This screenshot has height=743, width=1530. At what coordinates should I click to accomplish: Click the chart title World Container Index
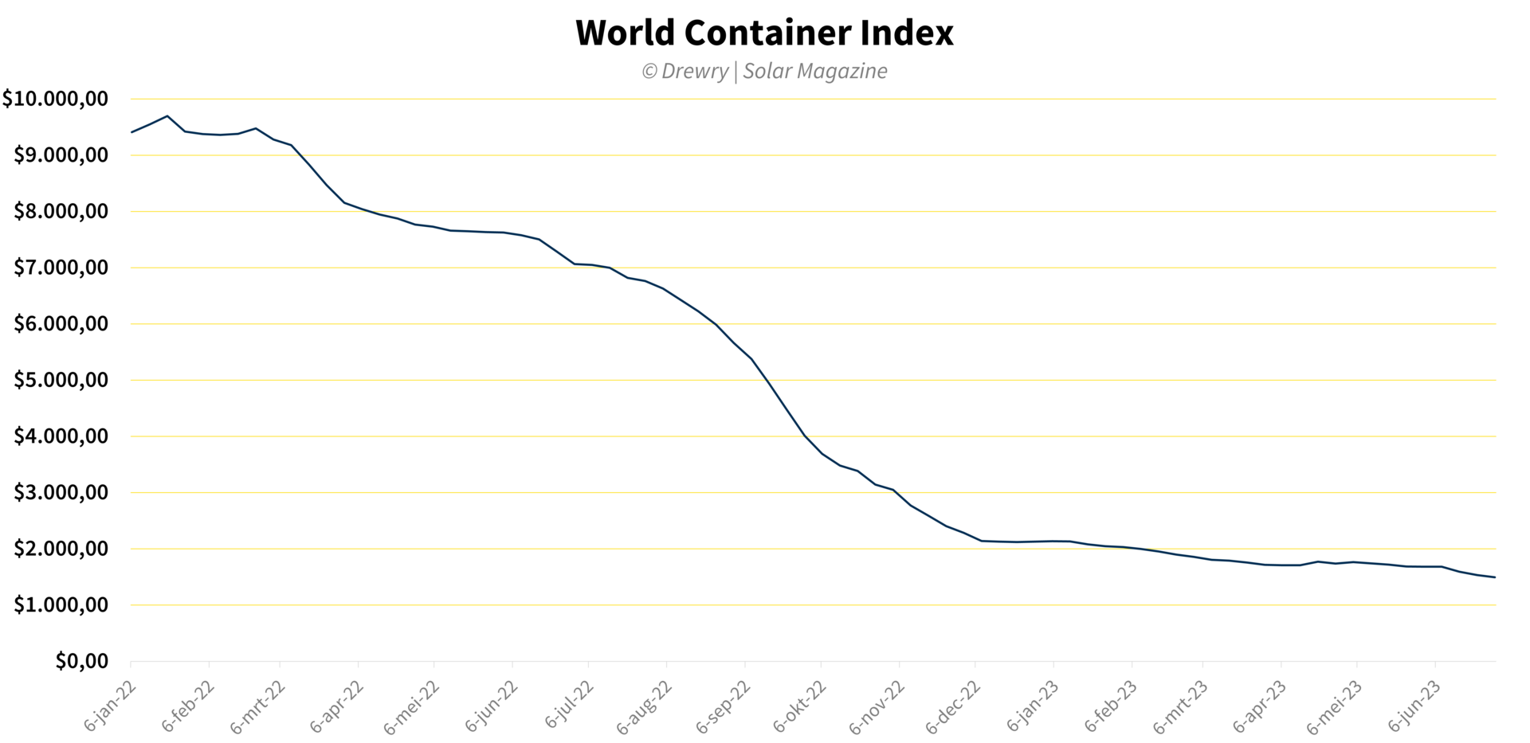tap(764, 33)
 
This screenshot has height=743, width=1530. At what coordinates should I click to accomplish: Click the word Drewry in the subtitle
tap(695, 72)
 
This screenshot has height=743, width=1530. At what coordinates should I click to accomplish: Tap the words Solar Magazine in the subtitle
tap(814, 72)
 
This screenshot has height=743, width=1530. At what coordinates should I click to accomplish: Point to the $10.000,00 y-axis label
tap(55, 99)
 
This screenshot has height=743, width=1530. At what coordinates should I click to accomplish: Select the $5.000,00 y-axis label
tap(61, 380)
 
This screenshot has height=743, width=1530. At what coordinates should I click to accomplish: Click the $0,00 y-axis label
tap(81, 661)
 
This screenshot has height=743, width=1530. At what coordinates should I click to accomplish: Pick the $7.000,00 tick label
tap(61, 268)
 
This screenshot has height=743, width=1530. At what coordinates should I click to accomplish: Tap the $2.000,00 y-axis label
tap(61, 549)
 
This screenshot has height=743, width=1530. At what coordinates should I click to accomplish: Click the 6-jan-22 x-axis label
tap(111, 706)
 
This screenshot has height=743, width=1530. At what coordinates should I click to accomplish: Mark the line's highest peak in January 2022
tap(167, 116)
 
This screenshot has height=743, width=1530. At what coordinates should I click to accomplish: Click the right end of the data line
tap(1495, 577)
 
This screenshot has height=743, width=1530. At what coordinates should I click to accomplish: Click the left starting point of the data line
tap(131, 132)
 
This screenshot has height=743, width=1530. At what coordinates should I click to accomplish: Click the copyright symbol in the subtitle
tap(649, 72)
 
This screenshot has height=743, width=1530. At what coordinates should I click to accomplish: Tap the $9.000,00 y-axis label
tap(61, 155)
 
